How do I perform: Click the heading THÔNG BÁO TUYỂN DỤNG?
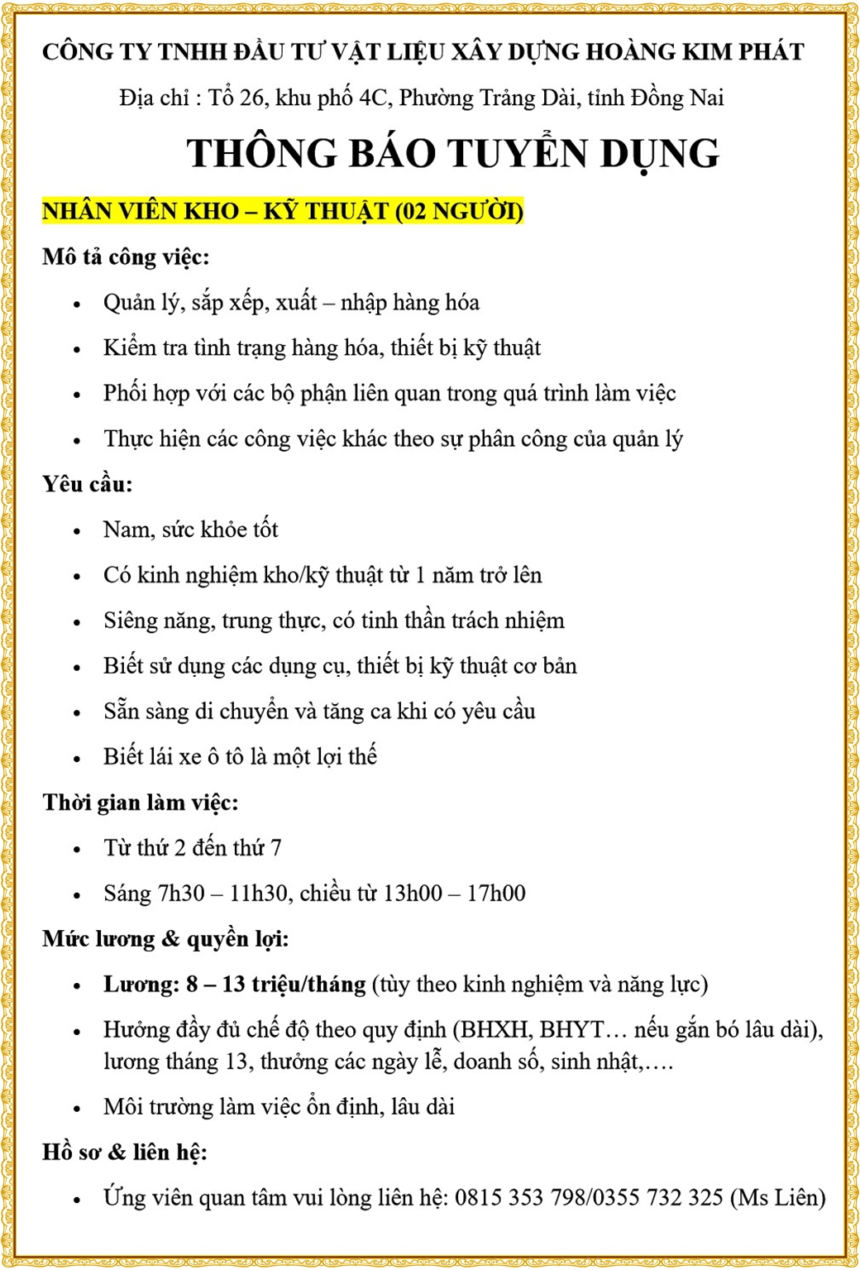pos(452,154)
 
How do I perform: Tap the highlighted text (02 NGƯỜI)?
pos(459,212)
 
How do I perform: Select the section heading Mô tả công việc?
pos(126,257)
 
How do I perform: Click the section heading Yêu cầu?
pos(87,484)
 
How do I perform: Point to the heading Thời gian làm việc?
pos(140,803)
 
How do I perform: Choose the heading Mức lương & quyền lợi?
pos(165,939)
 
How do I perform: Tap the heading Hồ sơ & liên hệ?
pos(124,1152)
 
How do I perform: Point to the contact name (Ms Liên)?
pos(777,1197)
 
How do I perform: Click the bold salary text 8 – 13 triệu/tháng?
pos(275,985)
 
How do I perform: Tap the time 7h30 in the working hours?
pos(181,894)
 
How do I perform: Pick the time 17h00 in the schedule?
pos(496,894)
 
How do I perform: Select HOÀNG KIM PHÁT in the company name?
pos(695,52)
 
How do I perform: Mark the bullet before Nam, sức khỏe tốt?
pos(77,531)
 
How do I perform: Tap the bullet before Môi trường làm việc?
pos(77,1109)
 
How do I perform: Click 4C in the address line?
pos(373,98)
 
